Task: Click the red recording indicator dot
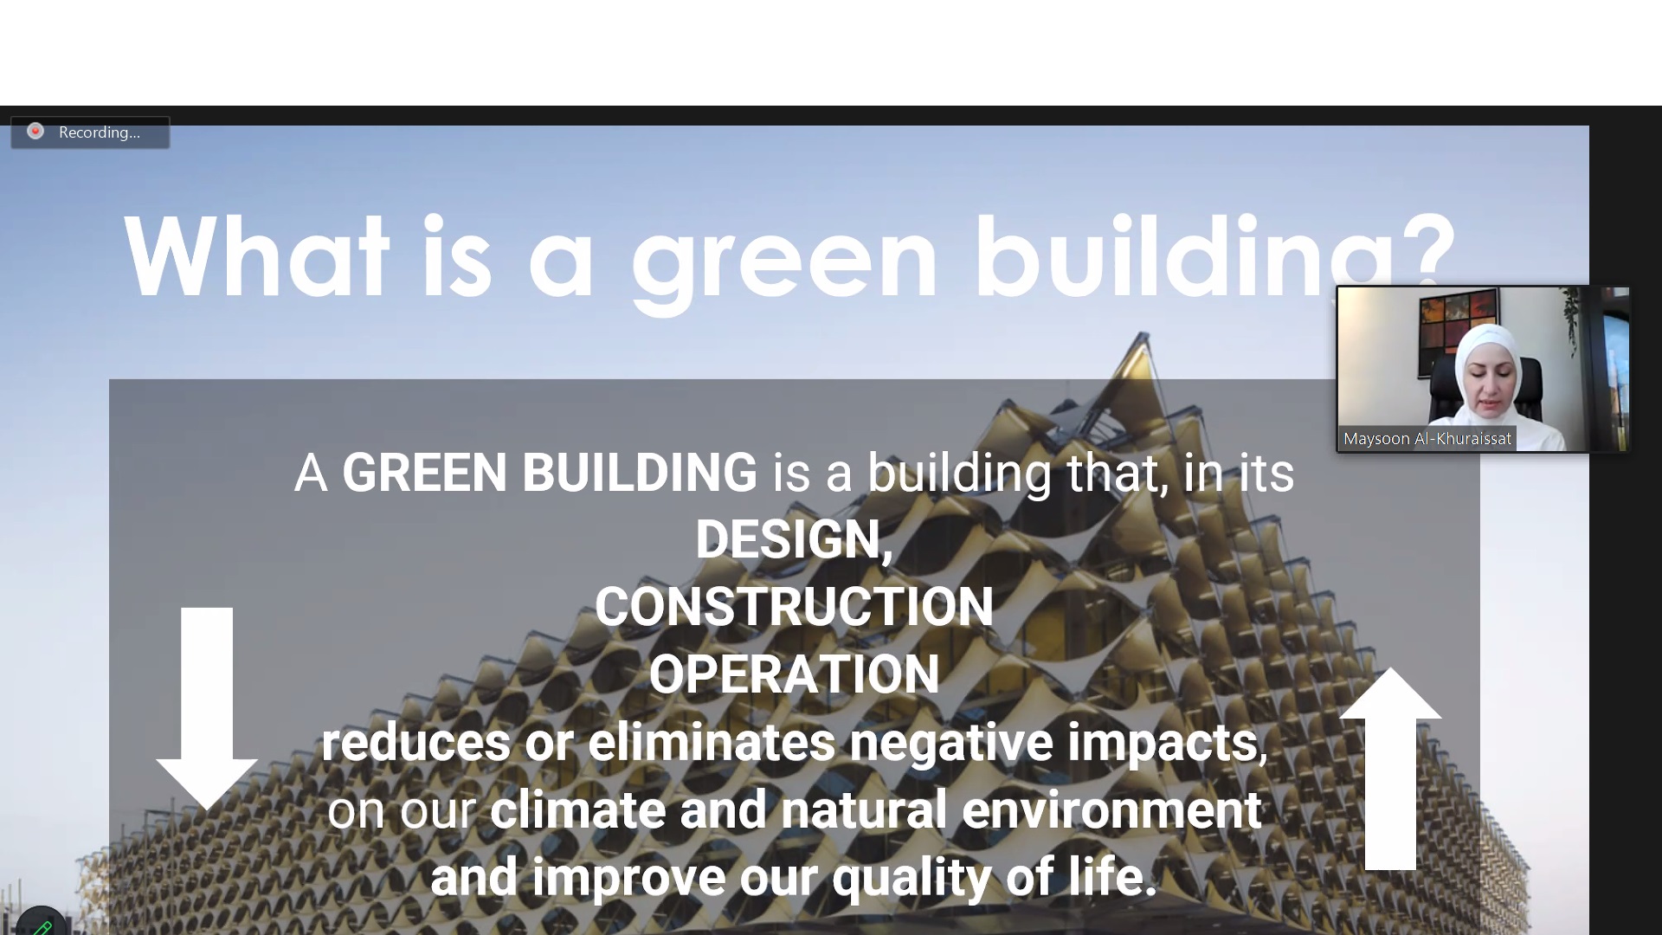click(x=35, y=132)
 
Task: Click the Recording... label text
click(x=100, y=132)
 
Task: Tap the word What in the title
click(x=256, y=257)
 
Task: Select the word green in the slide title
click(x=784, y=264)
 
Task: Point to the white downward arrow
click(x=207, y=708)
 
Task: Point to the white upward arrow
click(x=1390, y=768)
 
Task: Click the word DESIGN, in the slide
click(x=794, y=539)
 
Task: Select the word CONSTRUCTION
click(x=794, y=606)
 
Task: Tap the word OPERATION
click(x=794, y=674)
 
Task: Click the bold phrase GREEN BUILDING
click(x=550, y=473)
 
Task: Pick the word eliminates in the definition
click(x=712, y=742)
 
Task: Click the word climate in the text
click(x=577, y=809)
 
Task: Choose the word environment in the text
click(x=1111, y=809)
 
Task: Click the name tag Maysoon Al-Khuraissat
click(x=1427, y=439)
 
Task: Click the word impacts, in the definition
click(x=1167, y=744)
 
